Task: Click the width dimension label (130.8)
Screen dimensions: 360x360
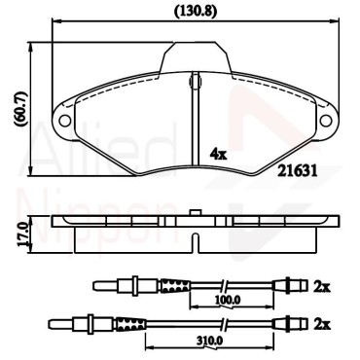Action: [196, 12]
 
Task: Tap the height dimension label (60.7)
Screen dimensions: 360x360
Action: [21, 109]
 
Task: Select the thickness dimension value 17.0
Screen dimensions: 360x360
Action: [22, 235]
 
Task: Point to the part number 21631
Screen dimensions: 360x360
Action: [297, 170]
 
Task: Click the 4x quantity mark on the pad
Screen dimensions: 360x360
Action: [219, 154]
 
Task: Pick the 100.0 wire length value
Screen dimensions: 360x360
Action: [229, 301]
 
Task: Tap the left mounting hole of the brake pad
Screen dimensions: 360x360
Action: [65, 121]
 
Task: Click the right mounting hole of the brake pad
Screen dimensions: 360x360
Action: [326, 121]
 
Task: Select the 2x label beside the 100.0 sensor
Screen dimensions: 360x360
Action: [322, 286]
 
